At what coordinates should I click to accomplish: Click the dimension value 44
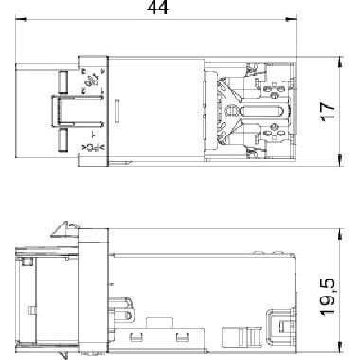157,8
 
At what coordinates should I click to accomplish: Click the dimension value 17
328,111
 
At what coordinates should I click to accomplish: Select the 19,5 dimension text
328,297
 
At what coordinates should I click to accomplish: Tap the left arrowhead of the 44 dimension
21,20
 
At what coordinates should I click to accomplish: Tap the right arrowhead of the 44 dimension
291,20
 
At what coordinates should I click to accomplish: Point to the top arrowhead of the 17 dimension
340,62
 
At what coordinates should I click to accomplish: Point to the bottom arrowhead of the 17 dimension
340,160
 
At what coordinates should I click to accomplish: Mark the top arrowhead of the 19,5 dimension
340,234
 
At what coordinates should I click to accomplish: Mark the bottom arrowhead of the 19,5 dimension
340,347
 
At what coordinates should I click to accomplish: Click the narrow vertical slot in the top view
117,111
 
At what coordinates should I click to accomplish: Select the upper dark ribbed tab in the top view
63,82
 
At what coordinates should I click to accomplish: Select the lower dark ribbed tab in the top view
63,140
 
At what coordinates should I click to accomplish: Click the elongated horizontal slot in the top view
261,112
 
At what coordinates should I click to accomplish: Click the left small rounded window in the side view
135,336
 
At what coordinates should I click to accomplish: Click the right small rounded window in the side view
182,336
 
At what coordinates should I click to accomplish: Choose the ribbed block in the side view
242,336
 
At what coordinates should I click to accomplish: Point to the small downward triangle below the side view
63,354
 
